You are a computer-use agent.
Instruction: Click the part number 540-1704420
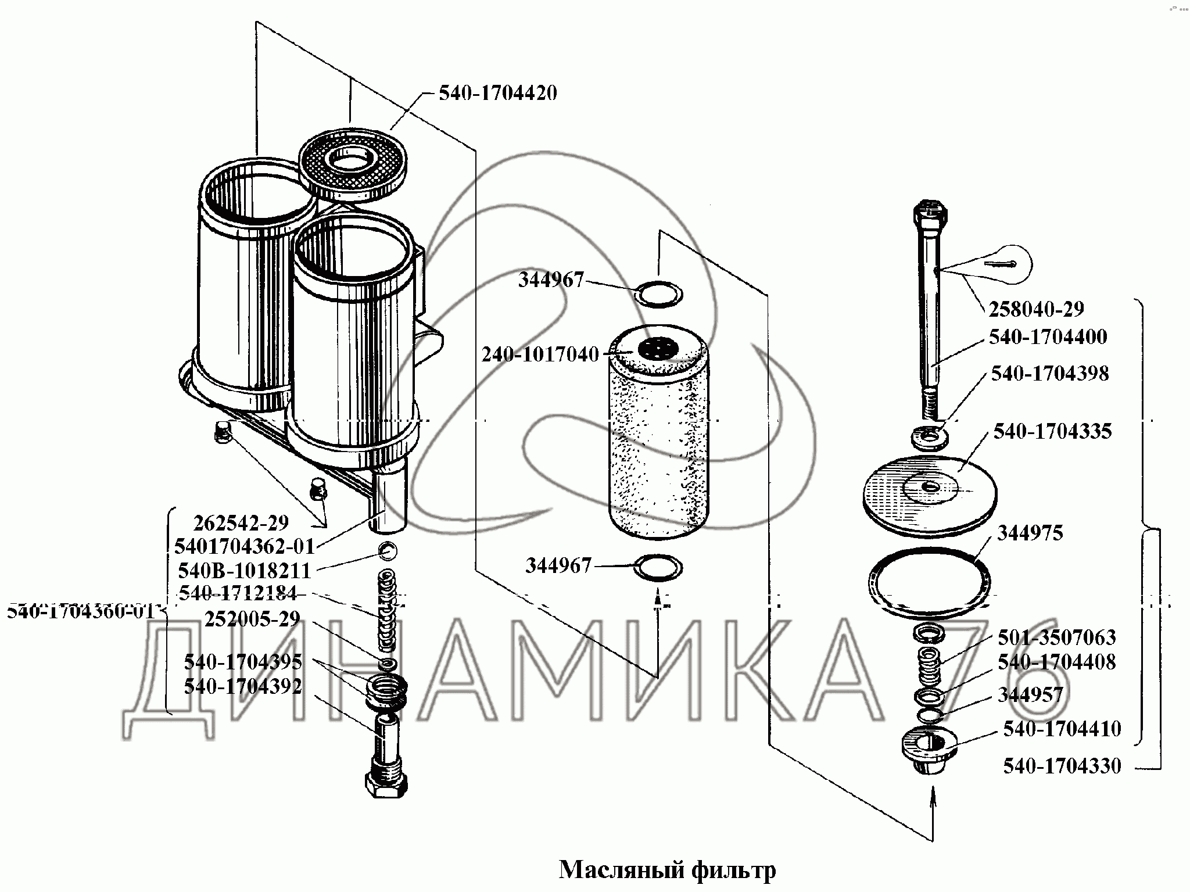tap(497, 94)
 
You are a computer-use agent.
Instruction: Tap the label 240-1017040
tap(540, 354)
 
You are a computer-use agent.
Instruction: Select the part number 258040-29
tap(1036, 309)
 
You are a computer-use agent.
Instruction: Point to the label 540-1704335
tap(1052, 432)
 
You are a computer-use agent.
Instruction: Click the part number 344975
tap(1030, 533)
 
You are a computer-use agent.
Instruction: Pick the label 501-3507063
tap(1056, 637)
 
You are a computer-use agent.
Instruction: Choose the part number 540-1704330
tap(1062, 766)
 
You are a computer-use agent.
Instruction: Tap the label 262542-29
tap(241, 523)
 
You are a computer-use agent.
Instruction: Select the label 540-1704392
tap(243, 686)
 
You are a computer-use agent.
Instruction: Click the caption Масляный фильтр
tap(667, 870)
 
